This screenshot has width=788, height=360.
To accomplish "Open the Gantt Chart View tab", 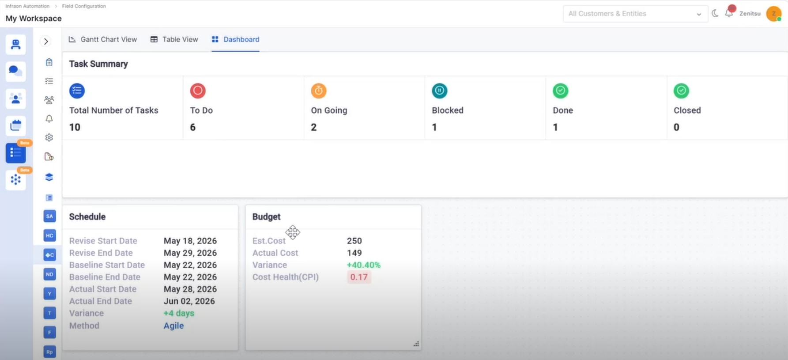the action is click(103, 39).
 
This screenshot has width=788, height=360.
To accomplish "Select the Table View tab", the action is click(174, 39).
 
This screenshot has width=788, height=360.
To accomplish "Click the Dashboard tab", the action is click(235, 39).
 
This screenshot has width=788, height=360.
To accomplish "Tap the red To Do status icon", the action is click(198, 91).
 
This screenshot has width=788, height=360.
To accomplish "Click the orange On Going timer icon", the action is click(319, 91).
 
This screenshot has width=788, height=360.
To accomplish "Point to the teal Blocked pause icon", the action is click(440, 91).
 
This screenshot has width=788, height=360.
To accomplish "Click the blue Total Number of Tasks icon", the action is click(77, 91).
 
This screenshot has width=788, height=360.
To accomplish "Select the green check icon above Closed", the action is click(681, 91).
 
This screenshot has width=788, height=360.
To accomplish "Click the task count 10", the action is click(75, 127).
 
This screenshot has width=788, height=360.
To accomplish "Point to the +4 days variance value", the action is click(179, 313).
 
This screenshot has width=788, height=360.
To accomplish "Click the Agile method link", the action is click(173, 326).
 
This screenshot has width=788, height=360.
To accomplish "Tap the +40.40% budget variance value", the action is click(363, 265).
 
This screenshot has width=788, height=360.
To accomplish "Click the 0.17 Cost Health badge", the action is click(359, 277).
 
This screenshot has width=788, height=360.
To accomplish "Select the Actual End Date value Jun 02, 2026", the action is click(189, 301).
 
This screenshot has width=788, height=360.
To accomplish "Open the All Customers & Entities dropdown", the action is click(635, 14).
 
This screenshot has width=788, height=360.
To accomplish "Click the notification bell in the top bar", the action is click(729, 13).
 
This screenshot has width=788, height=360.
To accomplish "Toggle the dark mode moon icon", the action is click(715, 13).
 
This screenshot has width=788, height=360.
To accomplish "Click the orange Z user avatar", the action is click(773, 14).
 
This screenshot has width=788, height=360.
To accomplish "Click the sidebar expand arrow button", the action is click(46, 42).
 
